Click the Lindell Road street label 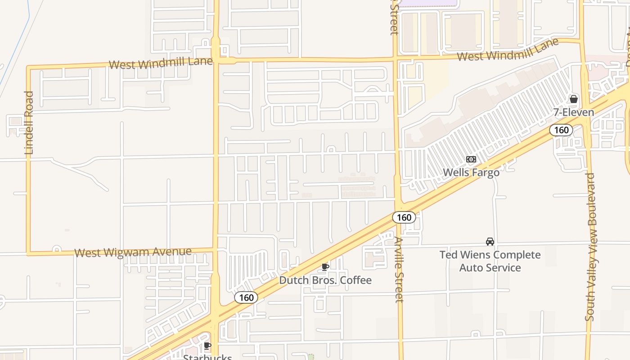pyautogui.click(x=29, y=123)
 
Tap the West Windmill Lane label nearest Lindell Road pyautogui.click(x=160, y=63)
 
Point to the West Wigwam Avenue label pyautogui.click(x=133, y=252)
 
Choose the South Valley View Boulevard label pyautogui.click(x=590, y=247)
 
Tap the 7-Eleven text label pyautogui.click(x=574, y=112)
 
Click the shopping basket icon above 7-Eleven pyautogui.click(x=574, y=99)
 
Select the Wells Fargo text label pyautogui.click(x=471, y=172)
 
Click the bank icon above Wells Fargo pyautogui.click(x=471, y=159)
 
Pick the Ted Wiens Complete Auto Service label pyautogui.click(x=490, y=261)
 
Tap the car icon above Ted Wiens pyautogui.click(x=490, y=242)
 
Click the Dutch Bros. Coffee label pyautogui.click(x=325, y=280)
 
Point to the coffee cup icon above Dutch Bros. pyautogui.click(x=325, y=267)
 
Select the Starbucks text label pyautogui.click(x=207, y=357)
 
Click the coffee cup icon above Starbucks pyautogui.click(x=207, y=346)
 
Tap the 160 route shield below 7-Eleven pyautogui.click(x=561, y=130)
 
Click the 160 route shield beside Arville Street pyautogui.click(x=404, y=217)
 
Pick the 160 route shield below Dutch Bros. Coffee pyautogui.click(x=246, y=297)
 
